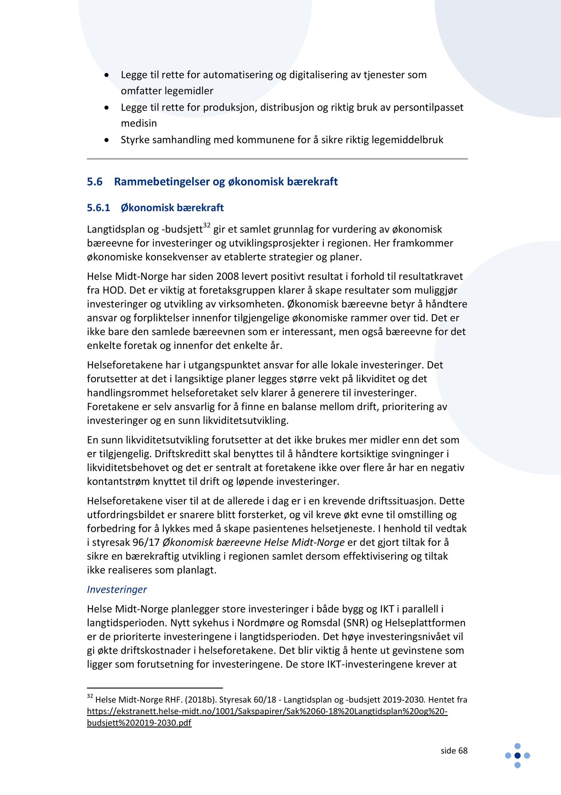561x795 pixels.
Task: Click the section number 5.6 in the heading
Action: tap(95, 182)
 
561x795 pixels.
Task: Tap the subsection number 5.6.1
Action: tap(98, 208)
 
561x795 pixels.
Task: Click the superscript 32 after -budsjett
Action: tap(207, 226)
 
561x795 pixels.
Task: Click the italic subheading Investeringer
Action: tap(117, 589)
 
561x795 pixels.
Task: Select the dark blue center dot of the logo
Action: tap(517, 755)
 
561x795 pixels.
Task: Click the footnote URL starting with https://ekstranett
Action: tap(267, 711)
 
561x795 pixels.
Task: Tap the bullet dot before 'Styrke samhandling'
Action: tap(107, 140)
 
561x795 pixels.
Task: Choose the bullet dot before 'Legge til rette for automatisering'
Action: tap(107, 75)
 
